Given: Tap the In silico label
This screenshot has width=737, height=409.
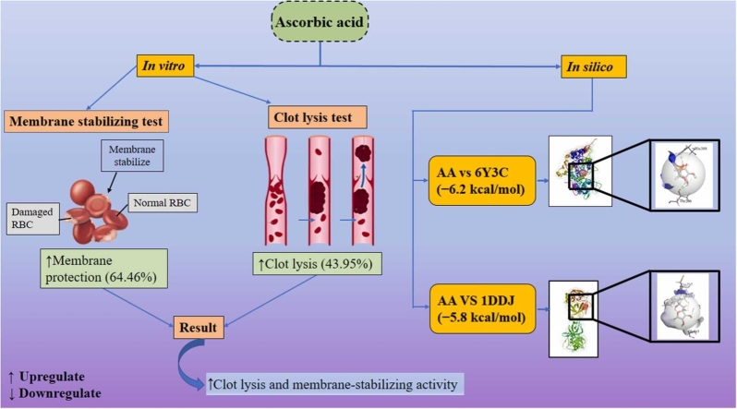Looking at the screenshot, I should click(x=595, y=66).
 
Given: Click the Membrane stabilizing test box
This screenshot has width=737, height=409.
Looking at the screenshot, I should click(x=79, y=121).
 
